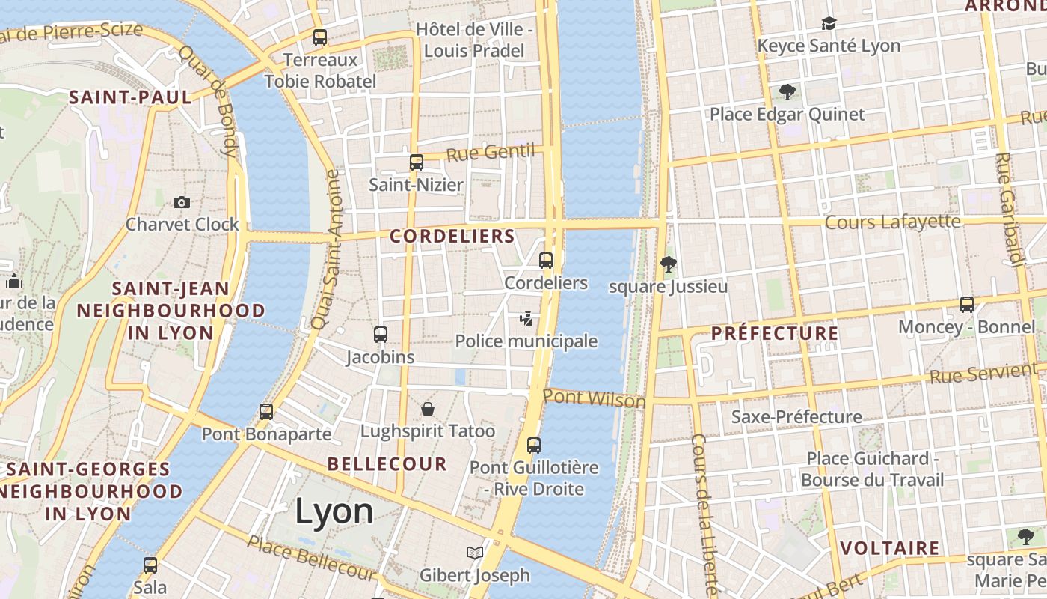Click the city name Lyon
coord(334,511)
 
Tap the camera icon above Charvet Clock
coord(181,202)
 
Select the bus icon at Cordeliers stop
coord(546,261)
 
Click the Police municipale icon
coord(526,319)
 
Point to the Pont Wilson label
coord(594,398)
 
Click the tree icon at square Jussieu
coord(668,264)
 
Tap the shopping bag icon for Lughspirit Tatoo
coord(428,408)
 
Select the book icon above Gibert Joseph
coord(474,553)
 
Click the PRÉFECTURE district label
coord(775,333)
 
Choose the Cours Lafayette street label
coord(891,222)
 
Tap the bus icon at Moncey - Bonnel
coord(967,305)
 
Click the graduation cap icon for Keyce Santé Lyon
coord(828,24)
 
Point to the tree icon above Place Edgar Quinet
coord(787,92)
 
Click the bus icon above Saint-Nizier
coord(417,162)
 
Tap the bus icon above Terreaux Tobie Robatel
coord(320,37)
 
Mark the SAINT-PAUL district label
coord(130,97)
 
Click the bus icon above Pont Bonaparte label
coord(266,411)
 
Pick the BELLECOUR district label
coord(387,464)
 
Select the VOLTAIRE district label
coord(889,548)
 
